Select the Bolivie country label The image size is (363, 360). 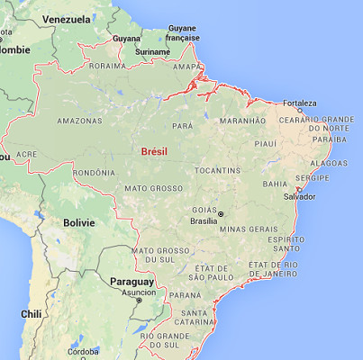click(x=79, y=221)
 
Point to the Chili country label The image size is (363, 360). click(x=32, y=314)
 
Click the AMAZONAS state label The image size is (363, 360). click(x=78, y=121)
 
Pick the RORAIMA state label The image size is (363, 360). click(x=107, y=66)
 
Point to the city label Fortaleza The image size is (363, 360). click(x=300, y=103)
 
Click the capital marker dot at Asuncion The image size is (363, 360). click(x=139, y=300)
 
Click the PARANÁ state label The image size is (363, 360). click(x=185, y=294)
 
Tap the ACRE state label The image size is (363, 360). click(x=26, y=154)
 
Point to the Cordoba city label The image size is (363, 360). click(x=82, y=351)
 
